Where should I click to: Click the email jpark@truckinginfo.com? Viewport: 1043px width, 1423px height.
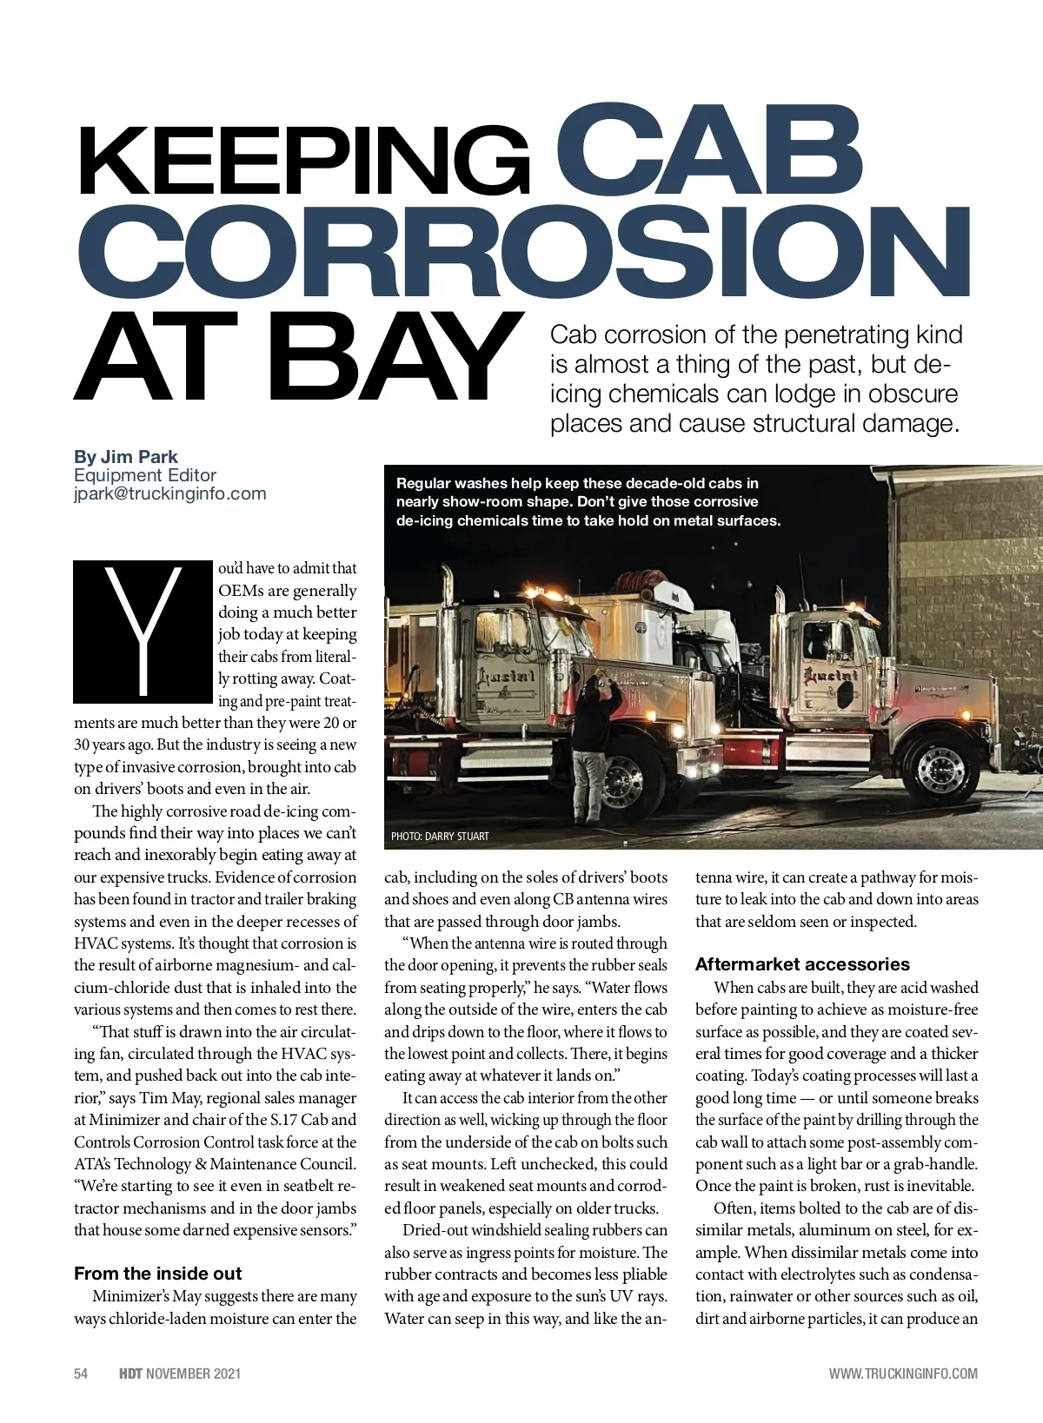(x=170, y=493)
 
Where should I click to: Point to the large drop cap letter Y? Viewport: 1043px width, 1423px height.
(x=143, y=632)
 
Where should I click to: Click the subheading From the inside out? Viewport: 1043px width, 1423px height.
(x=158, y=1274)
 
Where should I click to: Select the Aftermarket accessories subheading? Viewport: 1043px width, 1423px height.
(x=802, y=964)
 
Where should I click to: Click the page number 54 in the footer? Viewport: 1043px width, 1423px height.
(x=81, y=1373)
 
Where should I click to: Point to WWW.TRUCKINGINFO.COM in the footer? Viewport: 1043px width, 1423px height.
(x=903, y=1373)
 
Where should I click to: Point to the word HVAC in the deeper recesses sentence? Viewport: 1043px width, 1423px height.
(x=96, y=943)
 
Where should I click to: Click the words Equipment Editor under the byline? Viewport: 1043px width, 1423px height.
(x=145, y=475)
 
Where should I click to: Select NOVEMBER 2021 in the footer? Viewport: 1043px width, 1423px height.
(x=193, y=1373)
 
